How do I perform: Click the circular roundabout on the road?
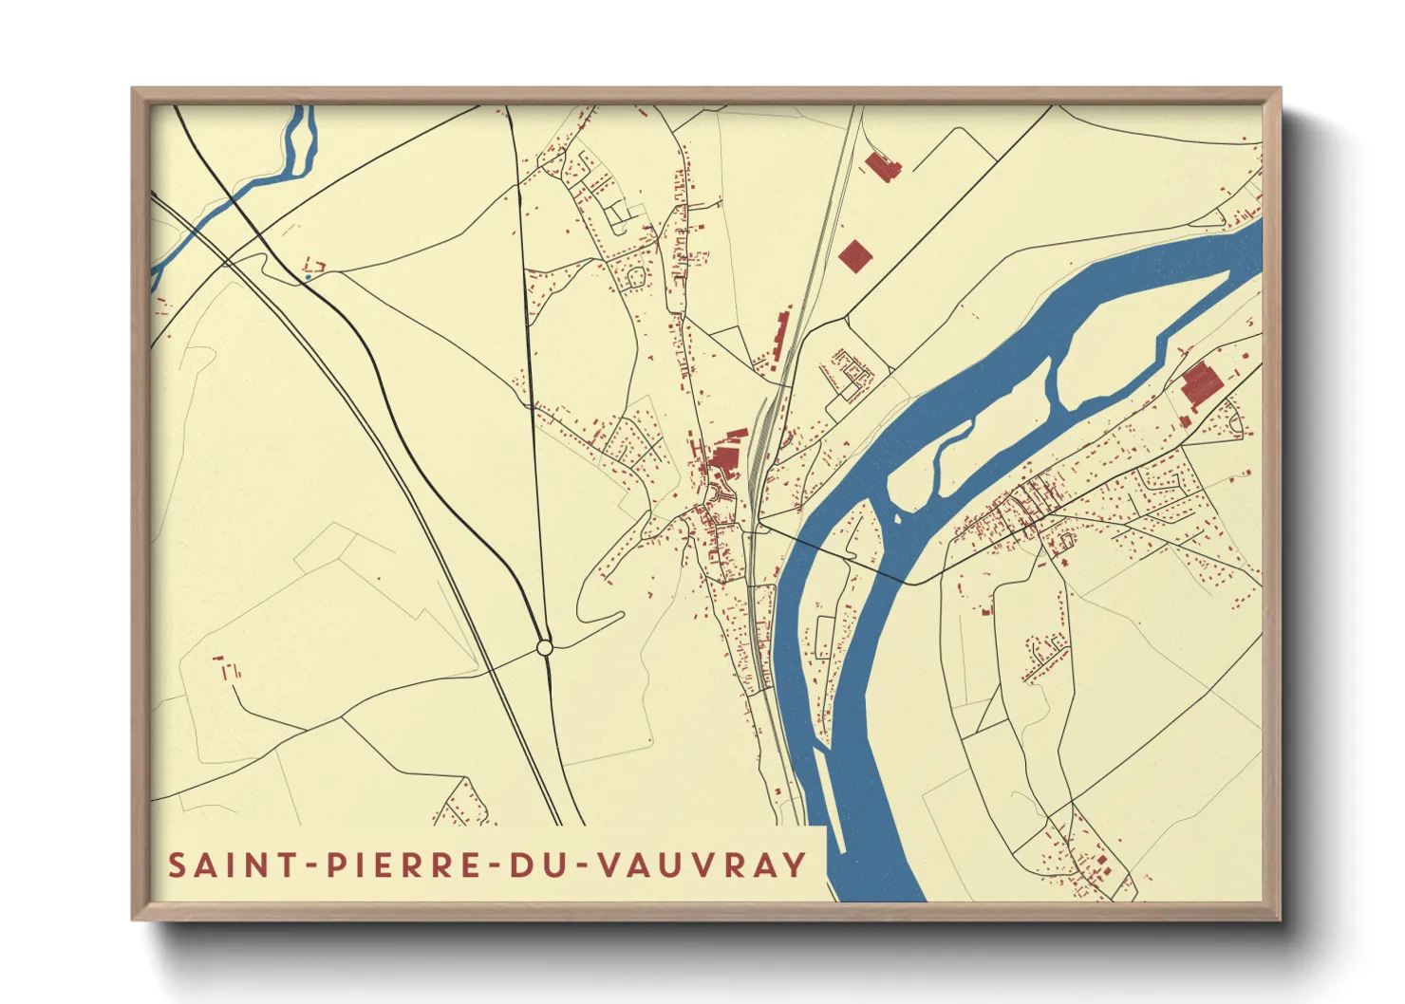point(544,647)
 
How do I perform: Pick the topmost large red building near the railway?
point(882,167)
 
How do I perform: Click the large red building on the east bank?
point(1199,385)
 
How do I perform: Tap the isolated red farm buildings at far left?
point(228,667)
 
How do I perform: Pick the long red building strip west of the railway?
point(781,334)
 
